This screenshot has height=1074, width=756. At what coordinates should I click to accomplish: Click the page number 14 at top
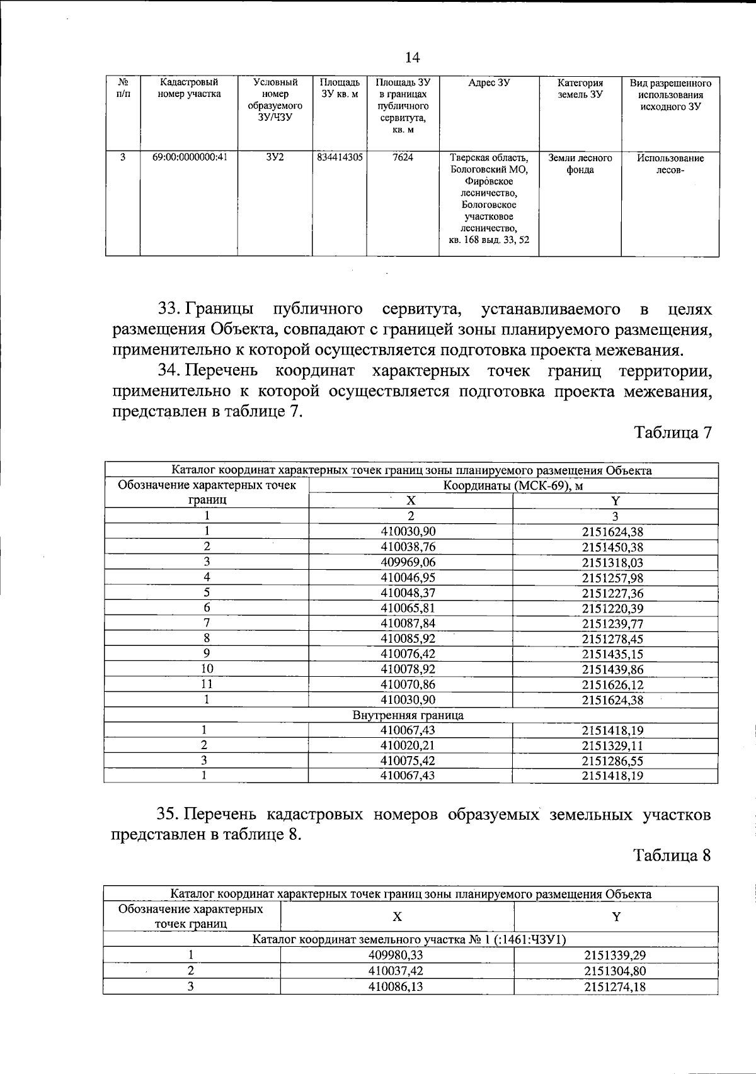(x=412, y=58)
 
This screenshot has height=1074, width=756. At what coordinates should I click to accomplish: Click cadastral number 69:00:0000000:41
(x=189, y=158)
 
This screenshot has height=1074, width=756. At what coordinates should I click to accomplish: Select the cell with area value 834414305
(x=340, y=158)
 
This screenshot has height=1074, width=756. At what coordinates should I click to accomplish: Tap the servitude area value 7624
(x=403, y=158)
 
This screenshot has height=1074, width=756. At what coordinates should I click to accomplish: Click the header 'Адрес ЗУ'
(x=489, y=83)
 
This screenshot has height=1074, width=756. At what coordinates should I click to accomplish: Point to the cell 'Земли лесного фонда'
(x=580, y=164)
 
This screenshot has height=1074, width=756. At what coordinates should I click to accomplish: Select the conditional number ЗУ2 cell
(x=274, y=158)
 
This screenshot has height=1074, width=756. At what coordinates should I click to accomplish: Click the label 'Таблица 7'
(x=672, y=432)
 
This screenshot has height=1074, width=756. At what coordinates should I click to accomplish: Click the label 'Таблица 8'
(x=672, y=856)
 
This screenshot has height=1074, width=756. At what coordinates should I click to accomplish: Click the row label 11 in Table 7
(x=206, y=684)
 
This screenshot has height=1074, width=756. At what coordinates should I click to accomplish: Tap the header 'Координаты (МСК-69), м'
(x=512, y=485)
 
